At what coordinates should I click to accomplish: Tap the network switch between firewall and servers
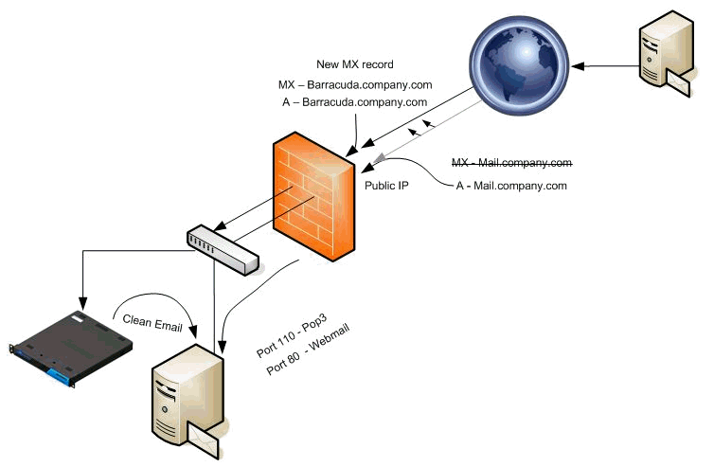(223, 249)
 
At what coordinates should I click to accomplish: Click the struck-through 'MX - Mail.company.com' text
(511, 163)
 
